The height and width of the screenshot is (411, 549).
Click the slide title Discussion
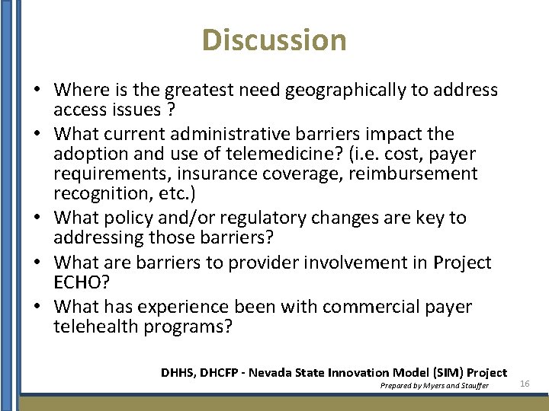(274, 40)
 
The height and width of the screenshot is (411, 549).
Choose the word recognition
(97, 193)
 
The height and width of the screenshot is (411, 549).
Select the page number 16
(525, 384)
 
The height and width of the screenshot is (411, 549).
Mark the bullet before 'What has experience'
(37, 307)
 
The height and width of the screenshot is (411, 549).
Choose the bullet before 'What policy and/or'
(37, 218)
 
